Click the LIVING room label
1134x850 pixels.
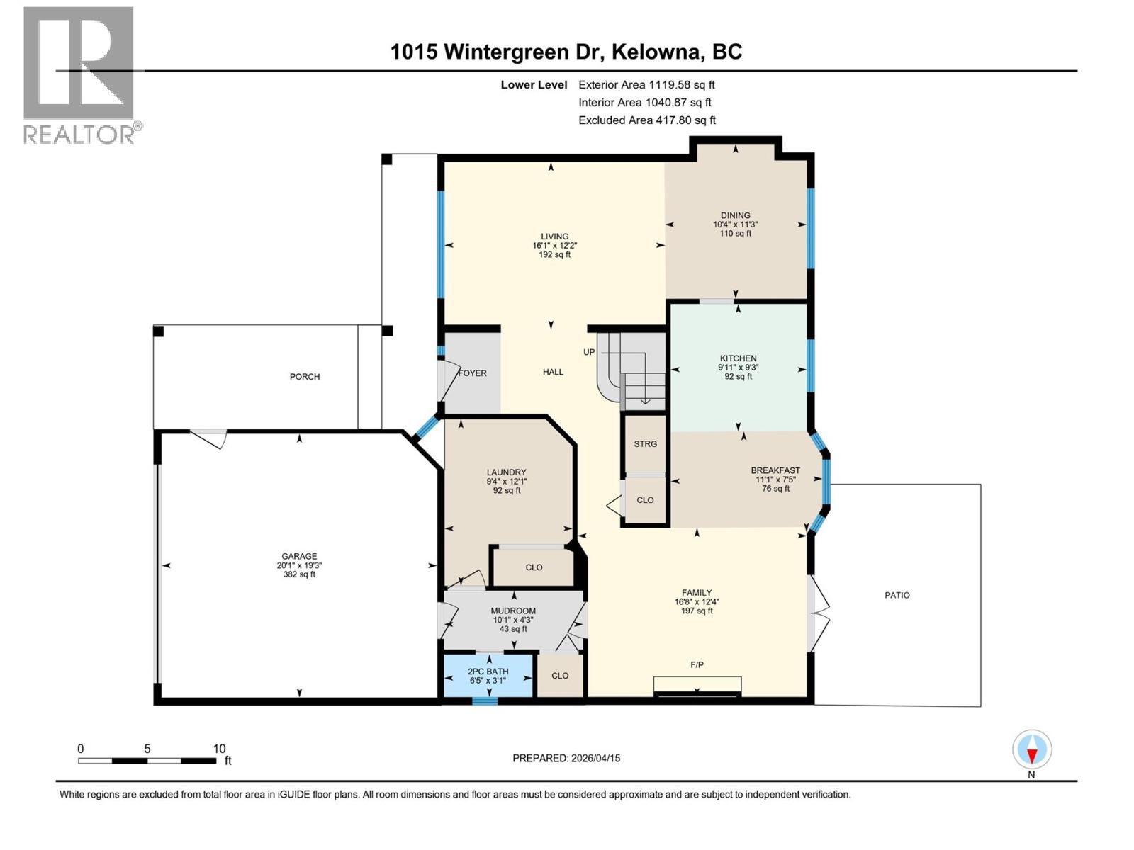(x=554, y=237)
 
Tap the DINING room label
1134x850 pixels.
(x=735, y=215)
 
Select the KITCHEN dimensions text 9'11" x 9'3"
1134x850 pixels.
(x=738, y=368)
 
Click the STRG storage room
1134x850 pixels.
(x=645, y=444)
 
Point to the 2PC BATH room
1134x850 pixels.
(x=488, y=676)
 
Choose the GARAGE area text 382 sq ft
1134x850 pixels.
(x=299, y=574)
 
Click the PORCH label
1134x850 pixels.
(x=305, y=376)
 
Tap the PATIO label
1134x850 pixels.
(x=897, y=595)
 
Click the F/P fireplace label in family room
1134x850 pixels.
(x=697, y=664)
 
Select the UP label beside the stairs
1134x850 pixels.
(x=589, y=352)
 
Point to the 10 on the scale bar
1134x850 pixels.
(x=219, y=749)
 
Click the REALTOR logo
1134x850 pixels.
(x=79, y=74)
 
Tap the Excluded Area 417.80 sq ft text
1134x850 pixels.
(x=646, y=120)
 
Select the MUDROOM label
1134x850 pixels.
(x=513, y=611)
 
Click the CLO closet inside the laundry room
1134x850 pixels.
(x=534, y=567)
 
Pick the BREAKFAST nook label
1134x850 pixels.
(x=775, y=470)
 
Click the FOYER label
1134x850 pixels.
(x=473, y=373)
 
